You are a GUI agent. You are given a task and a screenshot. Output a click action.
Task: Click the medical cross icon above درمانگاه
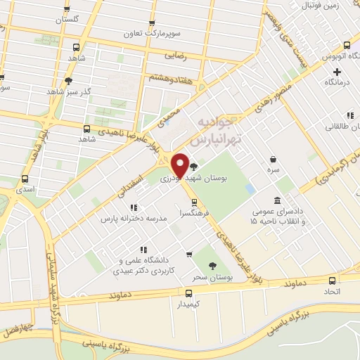(337, 72)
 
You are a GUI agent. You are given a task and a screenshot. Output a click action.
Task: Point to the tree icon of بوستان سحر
(212, 266)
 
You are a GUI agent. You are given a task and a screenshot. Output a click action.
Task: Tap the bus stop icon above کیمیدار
(188, 293)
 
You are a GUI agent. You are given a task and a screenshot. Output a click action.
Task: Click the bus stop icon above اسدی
(25, 179)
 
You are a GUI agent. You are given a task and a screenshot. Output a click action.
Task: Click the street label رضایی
(173, 53)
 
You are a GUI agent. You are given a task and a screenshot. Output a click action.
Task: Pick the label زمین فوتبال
(320, 6)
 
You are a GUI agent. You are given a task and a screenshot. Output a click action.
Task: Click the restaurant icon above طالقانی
(349, 116)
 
